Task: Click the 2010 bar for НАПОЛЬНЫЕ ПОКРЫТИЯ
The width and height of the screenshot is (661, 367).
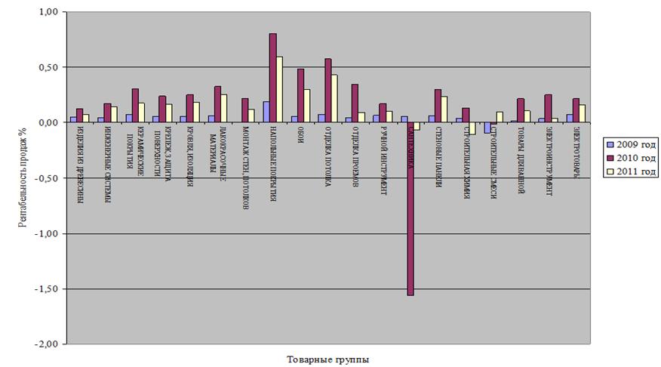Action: point(273,78)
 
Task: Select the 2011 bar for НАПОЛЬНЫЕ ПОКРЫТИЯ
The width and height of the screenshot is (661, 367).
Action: point(280,89)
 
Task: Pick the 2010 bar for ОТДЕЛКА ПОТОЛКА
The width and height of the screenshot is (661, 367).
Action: point(328,91)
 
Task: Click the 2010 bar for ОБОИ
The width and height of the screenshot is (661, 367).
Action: point(300,96)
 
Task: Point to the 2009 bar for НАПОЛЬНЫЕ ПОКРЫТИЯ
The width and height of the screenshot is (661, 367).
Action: point(266,112)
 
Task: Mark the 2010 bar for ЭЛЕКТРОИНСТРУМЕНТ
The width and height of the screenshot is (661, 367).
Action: point(549,109)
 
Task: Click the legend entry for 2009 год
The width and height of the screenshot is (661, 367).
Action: point(632,143)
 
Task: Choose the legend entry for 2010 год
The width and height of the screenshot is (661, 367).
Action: point(632,158)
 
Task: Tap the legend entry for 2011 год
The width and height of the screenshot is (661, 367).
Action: point(632,172)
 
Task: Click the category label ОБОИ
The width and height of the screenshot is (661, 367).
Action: point(300,140)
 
